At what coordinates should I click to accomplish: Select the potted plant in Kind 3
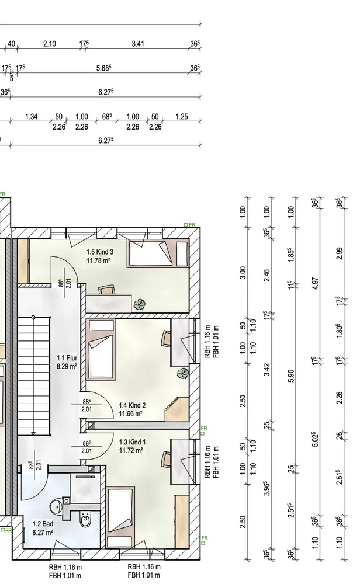tap(140, 304)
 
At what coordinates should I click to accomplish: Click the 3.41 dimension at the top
tap(138, 44)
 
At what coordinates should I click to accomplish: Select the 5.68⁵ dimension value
tap(104, 68)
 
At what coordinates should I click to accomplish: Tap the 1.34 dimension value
tap(32, 117)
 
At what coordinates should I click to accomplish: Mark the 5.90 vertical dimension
tap(292, 376)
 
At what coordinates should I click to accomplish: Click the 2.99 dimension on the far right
tap(339, 253)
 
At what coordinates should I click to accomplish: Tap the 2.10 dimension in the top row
tap(50, 44)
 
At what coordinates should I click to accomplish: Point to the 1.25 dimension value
tap(182, 117)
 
